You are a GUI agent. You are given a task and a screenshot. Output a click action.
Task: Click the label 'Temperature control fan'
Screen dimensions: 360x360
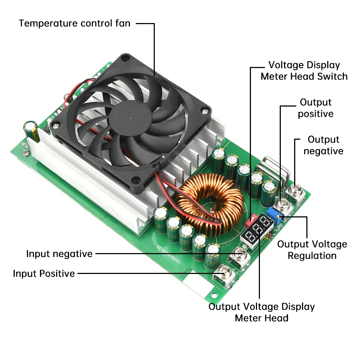pyautogui.click(x=75, y=23)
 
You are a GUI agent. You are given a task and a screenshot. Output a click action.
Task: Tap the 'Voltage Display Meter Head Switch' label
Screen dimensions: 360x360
pyautogui.click(x=304, y=71)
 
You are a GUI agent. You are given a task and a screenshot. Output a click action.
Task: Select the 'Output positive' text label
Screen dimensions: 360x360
pyautogui.click(x=316, y=108)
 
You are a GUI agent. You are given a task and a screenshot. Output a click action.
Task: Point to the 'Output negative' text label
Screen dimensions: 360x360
pyautogui.click(x=323, y=145)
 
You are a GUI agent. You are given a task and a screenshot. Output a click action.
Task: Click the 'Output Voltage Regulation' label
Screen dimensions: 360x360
pyautogui.click(x=312, y=250)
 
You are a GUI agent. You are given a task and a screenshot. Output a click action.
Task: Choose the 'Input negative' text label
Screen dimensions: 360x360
pyautogui.click(x=59, y=253)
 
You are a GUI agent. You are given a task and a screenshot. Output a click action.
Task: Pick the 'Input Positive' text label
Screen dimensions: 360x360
pyautogui.click(x=44, y=274)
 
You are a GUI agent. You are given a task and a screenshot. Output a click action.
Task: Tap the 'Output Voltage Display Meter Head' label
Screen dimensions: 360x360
pyautogui.click(x=262, y=312)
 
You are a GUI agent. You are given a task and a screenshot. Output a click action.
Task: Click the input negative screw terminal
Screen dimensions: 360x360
pyautogui.click(x=240, y=255)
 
